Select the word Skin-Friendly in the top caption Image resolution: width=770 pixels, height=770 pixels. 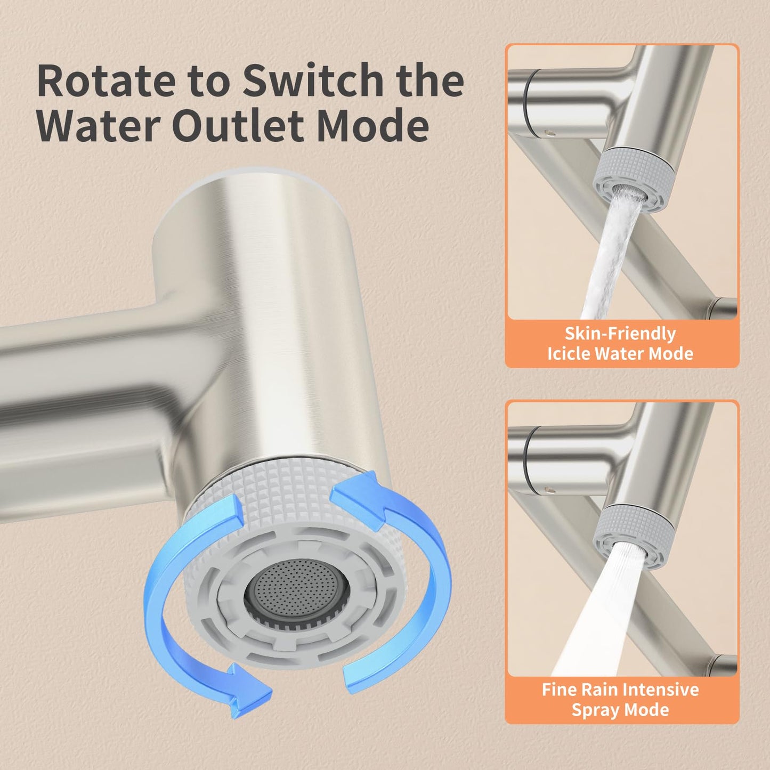620,334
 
